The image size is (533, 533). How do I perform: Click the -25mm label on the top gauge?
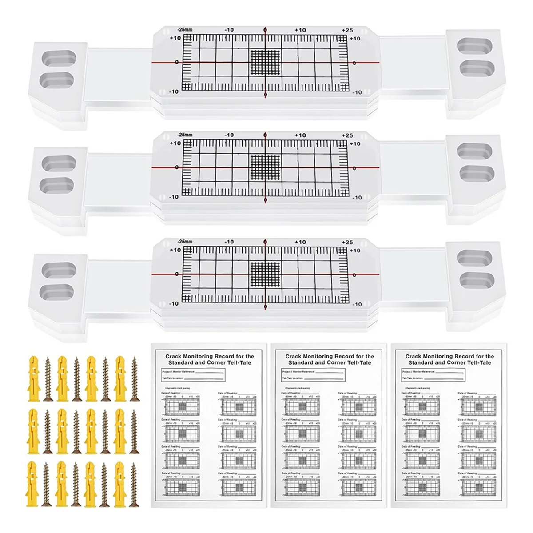point(184,30)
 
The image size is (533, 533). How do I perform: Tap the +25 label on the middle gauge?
point(347,135)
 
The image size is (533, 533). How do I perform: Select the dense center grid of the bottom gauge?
point(266,272)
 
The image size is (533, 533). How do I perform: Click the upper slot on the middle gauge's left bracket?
point(57,164)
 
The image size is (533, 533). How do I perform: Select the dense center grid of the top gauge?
point(266,62)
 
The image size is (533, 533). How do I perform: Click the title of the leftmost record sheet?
point(210,359)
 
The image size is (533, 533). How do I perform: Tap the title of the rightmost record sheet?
point(449,359)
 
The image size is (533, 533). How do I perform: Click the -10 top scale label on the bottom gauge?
point(229,242)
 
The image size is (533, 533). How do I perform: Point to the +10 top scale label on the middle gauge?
point(300,135)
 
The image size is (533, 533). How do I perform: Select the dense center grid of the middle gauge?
point(266,167)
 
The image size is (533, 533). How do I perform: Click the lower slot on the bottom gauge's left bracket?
point(57,291)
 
